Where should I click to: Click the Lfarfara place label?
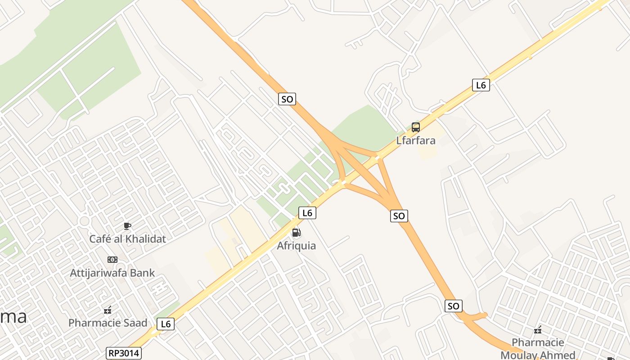coord(416,140)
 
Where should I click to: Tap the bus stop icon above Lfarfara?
coord(416,127)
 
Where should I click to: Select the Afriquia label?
coord(296,246)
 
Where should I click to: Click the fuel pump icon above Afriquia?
coord(296,233)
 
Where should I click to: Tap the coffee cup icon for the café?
coord(127,226)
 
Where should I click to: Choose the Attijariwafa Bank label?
coord(112,273)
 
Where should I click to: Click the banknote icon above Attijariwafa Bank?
coord(112,260)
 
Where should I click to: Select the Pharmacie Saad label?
coord(108,323)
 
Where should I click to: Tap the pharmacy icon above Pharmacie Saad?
coord(108,310)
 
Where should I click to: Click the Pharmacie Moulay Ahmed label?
coord(538,349)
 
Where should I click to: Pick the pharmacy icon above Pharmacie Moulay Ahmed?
coord(538,331)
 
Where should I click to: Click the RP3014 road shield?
coord(124,353)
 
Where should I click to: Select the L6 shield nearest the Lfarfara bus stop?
coord(481,85)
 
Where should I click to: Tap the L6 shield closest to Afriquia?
coord(307,213)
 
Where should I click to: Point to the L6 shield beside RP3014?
coord(166,324)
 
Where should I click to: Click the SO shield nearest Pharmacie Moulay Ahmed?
coord(454,306)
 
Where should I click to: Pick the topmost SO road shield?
coord(287,99)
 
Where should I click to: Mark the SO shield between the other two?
coord(399,216)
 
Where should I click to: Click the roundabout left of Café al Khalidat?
coord(84,221)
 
